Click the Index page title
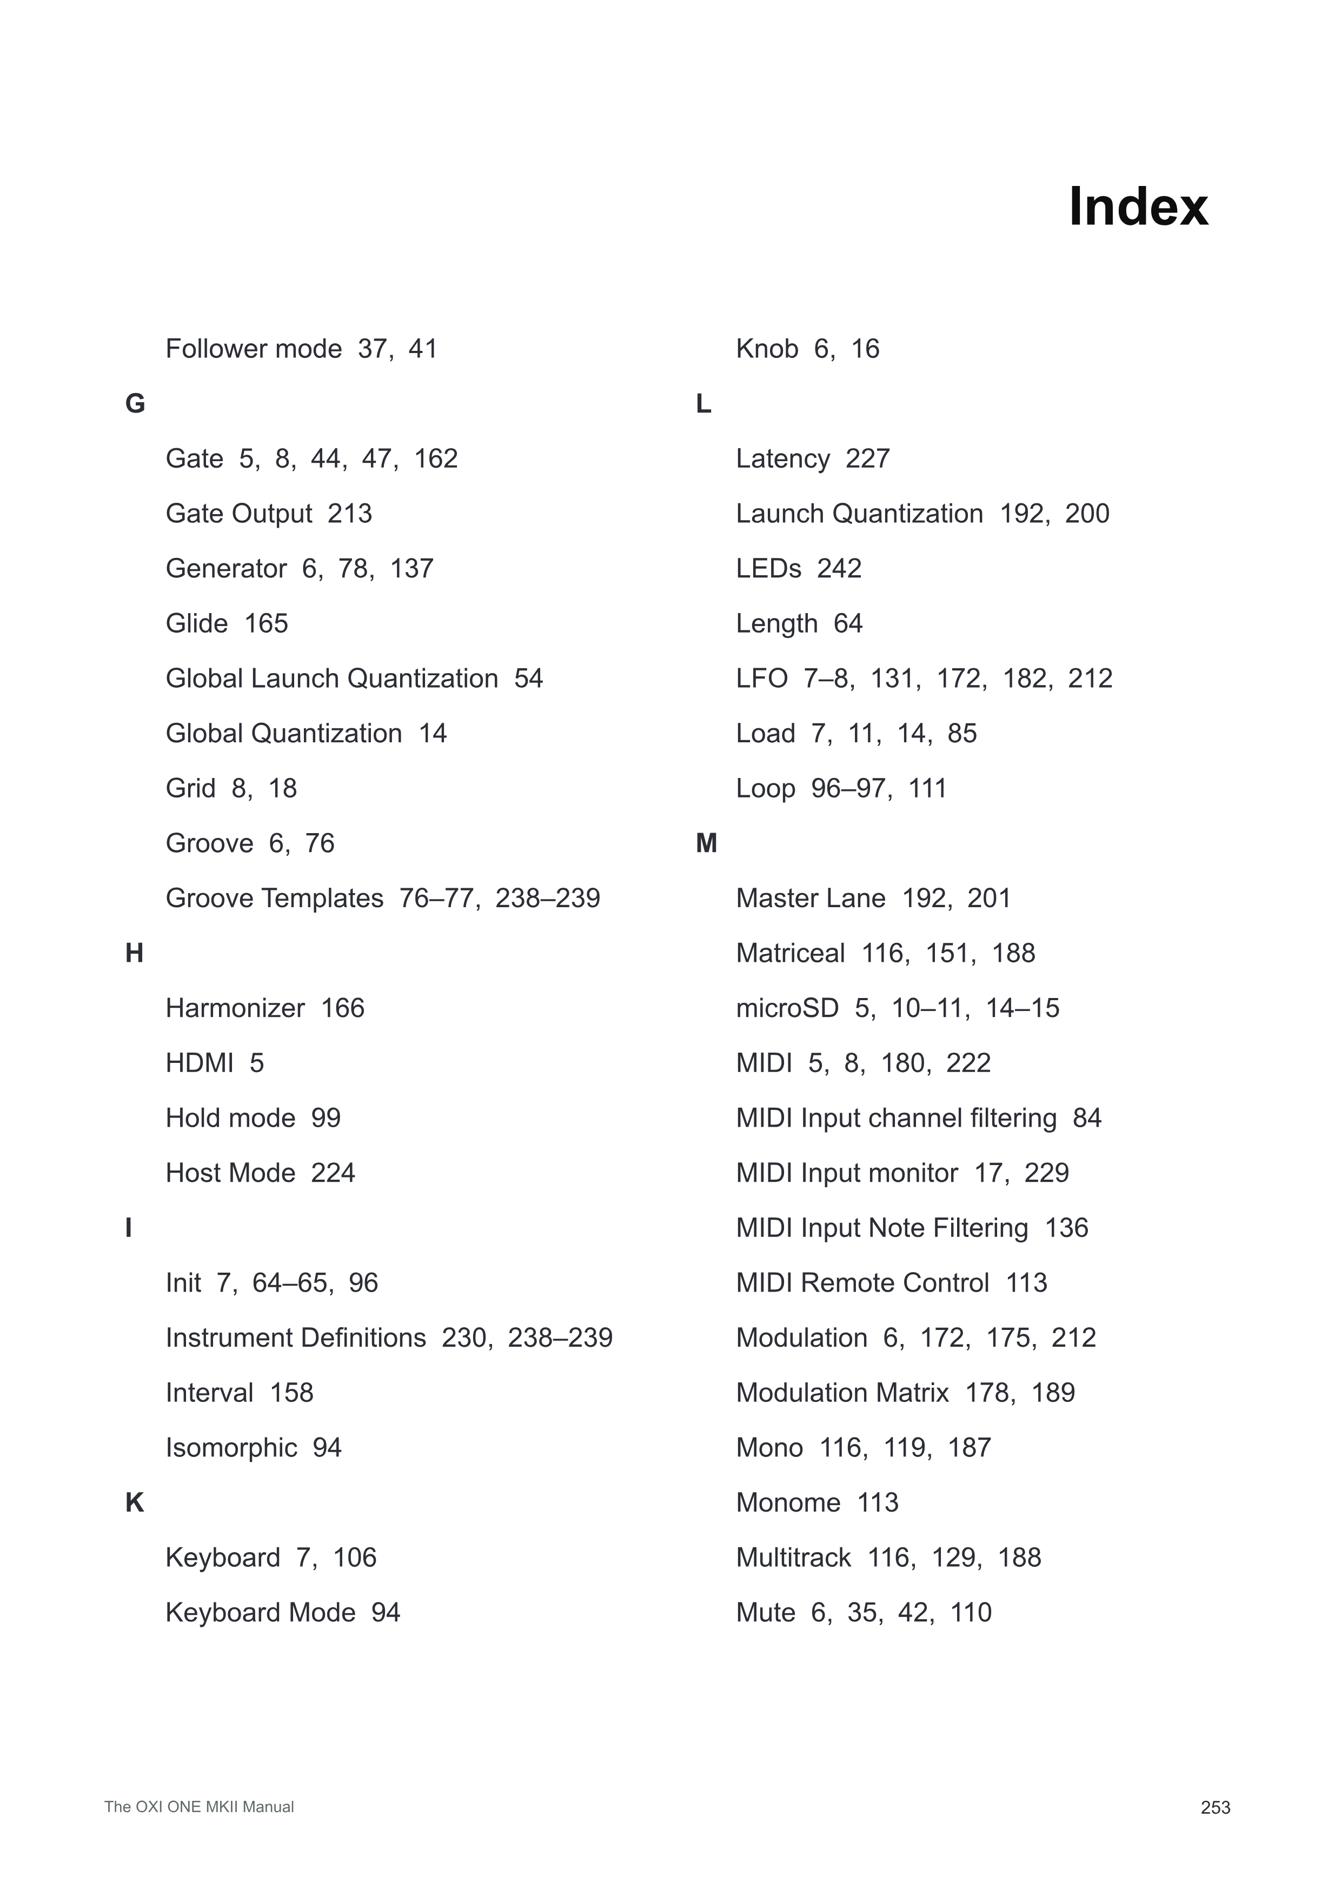(1137, 207)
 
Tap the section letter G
(135, 404)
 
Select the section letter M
(706, 843)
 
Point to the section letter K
(135, 1503)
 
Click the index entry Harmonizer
(235, 1008)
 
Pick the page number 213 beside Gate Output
(349, 514)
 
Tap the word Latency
(782, 458)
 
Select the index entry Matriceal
(789, 953)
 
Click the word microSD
(786, 1008)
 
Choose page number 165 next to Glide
(266, 623)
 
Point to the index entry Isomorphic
(231, 1448)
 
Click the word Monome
(788, 1503)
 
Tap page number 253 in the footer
(1214, 1808)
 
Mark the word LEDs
(768, 568)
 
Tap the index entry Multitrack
(793, 1558)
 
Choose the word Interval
(209, 1393)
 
